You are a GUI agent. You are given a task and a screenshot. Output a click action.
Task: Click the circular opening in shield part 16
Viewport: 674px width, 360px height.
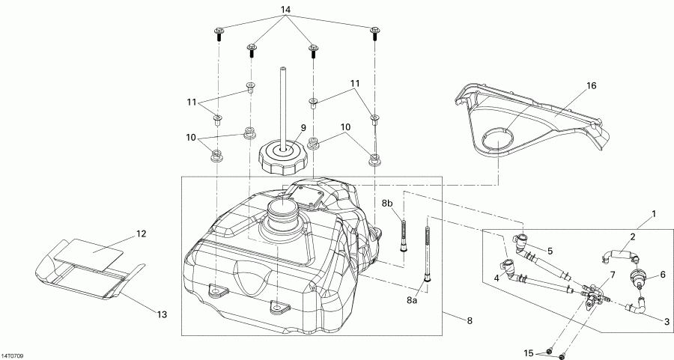click(x=496, y=139)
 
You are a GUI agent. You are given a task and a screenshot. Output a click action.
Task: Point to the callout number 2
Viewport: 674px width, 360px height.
click(x=633, y=237)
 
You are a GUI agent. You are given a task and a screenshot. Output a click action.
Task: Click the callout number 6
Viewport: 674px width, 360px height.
click(x=661, y=275)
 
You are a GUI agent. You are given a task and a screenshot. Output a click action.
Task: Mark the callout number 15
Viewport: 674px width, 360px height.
click(x=529, y=353)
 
